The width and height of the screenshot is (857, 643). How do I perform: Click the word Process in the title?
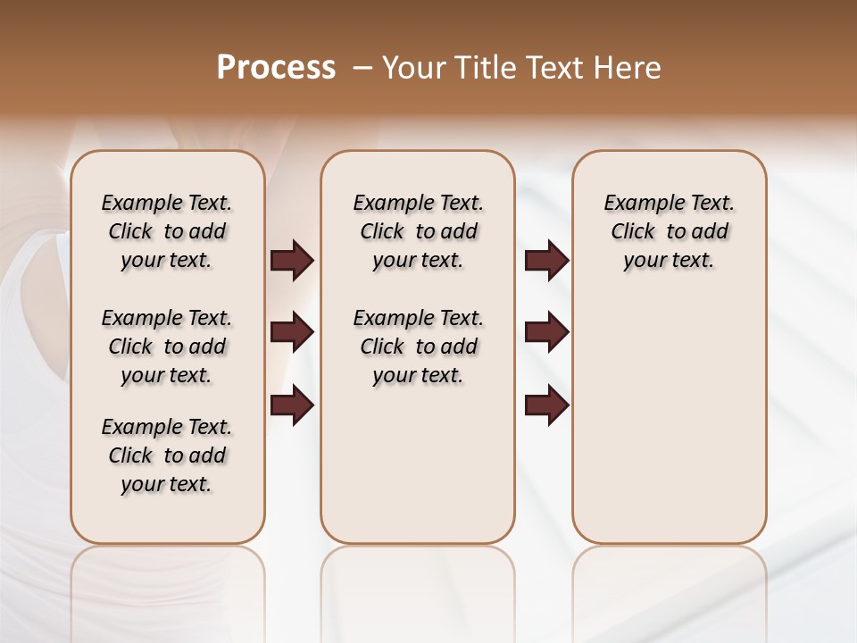276,68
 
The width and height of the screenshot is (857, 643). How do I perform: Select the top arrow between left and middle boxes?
292,260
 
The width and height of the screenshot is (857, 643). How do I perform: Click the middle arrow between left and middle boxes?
292,332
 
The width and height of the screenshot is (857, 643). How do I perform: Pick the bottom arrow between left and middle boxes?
292,405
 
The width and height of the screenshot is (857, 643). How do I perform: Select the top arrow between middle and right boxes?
546,260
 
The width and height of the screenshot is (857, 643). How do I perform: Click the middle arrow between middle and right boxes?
546,332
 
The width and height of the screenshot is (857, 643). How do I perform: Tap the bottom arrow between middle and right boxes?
546,405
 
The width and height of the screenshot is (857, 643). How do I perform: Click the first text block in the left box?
167,231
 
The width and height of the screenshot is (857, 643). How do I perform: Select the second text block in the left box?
167,347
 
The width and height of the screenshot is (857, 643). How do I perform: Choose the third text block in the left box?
167,455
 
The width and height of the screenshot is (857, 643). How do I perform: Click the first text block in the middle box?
418,231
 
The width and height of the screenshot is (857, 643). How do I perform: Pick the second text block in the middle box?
418,347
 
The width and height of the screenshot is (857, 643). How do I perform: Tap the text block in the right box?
669,231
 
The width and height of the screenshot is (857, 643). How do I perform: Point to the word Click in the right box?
633,232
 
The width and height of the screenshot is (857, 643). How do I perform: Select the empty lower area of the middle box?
418,464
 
